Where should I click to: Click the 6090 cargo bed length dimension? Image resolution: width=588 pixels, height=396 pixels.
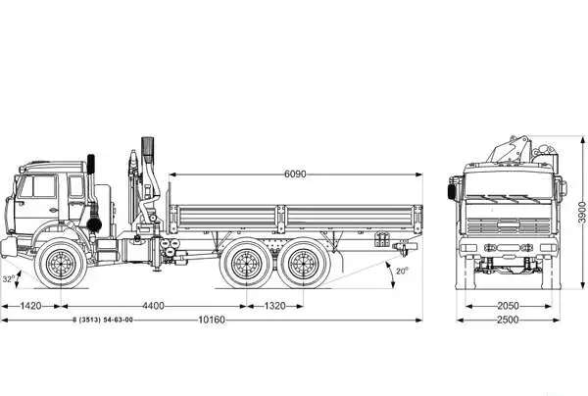click(295, 174)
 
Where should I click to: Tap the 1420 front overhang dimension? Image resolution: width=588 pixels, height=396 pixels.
click(30, 306)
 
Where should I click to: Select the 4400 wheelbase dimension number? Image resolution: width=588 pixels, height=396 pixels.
click(154, 306)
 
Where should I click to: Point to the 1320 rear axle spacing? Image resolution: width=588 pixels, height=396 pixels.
click(274, 306)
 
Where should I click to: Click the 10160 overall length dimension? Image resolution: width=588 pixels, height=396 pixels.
click(212, 320)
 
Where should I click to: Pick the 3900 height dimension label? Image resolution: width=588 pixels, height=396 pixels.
click(581, 213)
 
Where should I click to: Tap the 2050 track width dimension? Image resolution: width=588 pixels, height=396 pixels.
click(508, 306)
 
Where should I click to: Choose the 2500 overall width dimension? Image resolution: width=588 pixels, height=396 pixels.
click(508, 320)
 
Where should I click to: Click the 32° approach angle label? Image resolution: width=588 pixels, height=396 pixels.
click(9, 279)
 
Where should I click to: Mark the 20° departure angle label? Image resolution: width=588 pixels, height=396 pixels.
click(402, 271)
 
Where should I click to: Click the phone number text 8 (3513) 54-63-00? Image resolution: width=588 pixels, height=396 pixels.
click(103, 320)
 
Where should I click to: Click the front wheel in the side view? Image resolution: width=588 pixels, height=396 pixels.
click(61, 264)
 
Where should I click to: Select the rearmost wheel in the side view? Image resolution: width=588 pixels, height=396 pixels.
click(304, 264)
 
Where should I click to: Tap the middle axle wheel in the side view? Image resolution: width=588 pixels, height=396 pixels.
click(246, 264)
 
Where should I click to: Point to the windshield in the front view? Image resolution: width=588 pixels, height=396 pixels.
click(509, 185)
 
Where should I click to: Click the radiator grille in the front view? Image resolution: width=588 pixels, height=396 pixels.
click(509, 225)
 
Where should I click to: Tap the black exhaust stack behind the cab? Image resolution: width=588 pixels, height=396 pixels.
click(91, 164)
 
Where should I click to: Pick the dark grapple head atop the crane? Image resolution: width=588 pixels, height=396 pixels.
click(148, 150)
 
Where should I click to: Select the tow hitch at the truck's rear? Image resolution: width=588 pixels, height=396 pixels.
click(404, 248)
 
